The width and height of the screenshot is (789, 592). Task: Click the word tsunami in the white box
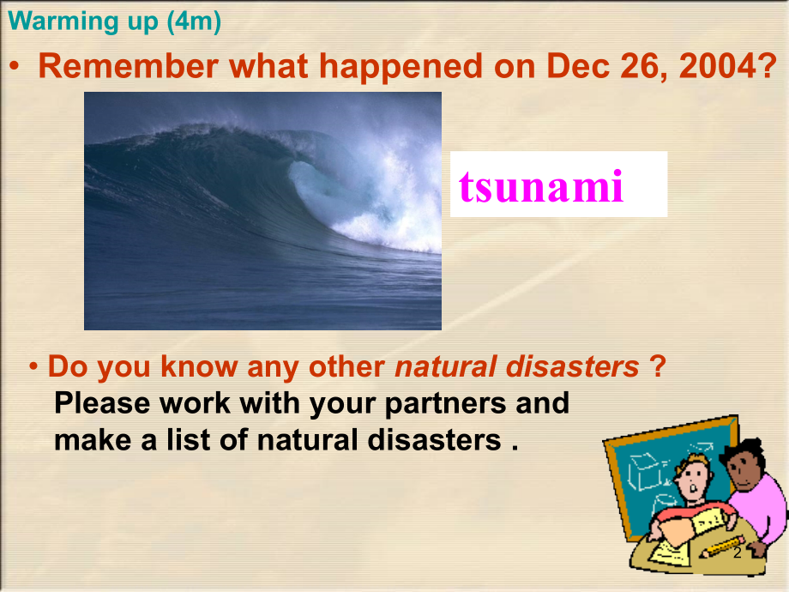(541, 185)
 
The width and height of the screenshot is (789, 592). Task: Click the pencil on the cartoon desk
(719, 547)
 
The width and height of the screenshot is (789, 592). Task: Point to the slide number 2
(737, 554)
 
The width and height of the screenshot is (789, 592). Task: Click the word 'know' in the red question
(202, 366)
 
